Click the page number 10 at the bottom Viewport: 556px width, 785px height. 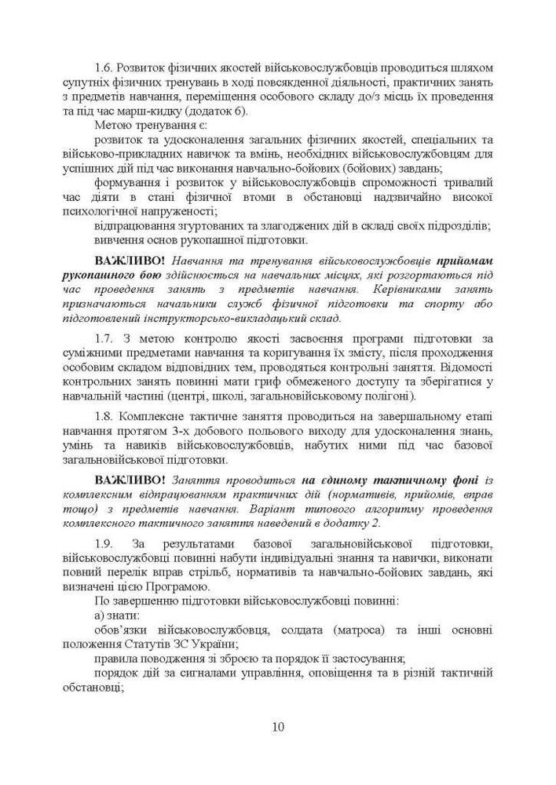click(x=278, y=726)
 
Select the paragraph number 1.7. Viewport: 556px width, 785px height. click(x=106, y=338)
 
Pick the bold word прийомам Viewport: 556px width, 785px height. click(x=465, y=259)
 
